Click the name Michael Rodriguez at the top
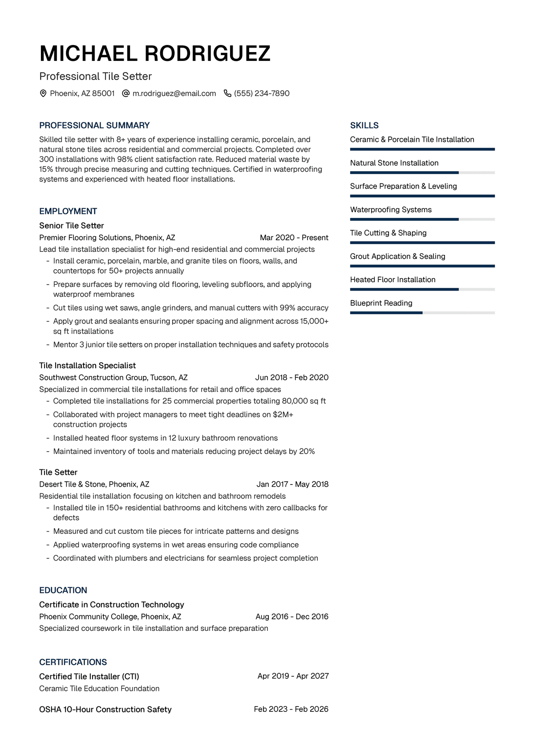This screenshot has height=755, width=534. (x=155, y=54)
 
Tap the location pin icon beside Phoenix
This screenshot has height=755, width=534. (x=43, y=93)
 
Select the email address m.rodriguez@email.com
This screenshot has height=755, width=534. (x=174, y=93)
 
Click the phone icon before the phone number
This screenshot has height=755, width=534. (x=227, y=93)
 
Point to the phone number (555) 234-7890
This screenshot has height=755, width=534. (x=262, y=93)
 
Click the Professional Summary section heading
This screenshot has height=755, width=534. (x=94, y=125)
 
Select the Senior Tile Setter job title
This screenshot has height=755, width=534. (x=71, y=226)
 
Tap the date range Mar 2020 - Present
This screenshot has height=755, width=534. (x=294, y=238)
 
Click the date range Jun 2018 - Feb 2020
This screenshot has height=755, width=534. (x=291, y=377)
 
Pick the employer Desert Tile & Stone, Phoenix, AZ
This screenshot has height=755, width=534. (x=94, y=484)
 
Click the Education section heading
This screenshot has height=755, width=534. (x=63, y=590)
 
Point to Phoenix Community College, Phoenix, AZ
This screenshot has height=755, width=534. (x=110, y=617)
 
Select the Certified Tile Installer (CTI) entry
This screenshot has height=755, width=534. (x=89, y=676)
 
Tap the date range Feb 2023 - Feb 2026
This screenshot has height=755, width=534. (x=291, y=709)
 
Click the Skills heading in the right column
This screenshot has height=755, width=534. (x=364, y=125)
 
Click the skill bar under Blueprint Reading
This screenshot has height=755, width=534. (x=422, y=313)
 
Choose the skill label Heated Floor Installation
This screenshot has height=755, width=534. (x=392, y=279)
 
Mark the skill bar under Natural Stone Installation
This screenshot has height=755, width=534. (x=422, y=173)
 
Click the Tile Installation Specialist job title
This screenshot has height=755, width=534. (x=87, y=365)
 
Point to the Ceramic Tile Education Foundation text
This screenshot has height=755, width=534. (x=99, y=688)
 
